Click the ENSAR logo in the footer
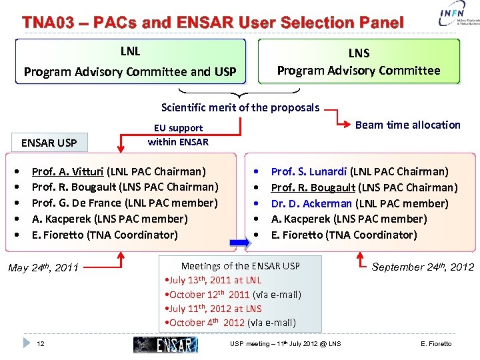click(x=165, y=344)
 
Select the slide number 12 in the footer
click(x=41, y=343)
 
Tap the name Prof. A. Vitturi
click(x=67, y=171)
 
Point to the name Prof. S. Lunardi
click(x=309, y=171)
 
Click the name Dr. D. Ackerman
click(x=311, y=203)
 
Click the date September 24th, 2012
click(x=423, y=267)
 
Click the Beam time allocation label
click(x=407, y=125)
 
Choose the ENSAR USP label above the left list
click(x=49, y=143)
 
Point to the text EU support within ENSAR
click(x=178, y=135)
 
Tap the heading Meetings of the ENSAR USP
click(x=241, y=266)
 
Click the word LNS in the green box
click(x=359, y=53)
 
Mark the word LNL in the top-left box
click(x=130, y=51)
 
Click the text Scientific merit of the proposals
click(x=240, y=107)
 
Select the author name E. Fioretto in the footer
click(x=436, y=344)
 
